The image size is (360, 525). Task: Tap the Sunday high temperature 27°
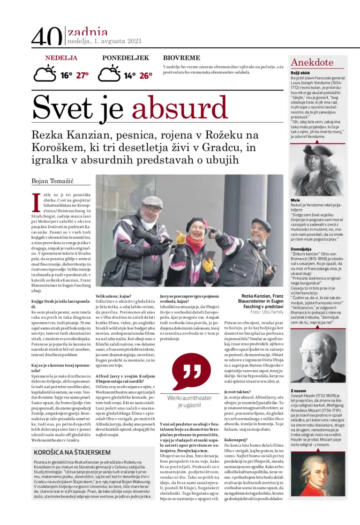(x=82, y=75)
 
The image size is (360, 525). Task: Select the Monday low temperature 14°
(x=129, y=75)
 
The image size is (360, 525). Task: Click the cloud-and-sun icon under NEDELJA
(x=45, y=74)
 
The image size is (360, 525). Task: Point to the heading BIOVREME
(x=181, y=58)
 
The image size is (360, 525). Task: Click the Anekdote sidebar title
(x=312, y=63)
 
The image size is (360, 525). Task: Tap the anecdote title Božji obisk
(x=300, y=73)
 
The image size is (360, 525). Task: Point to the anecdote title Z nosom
(x=299, y=390)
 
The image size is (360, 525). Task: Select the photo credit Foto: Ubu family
(x=267, y=312)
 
